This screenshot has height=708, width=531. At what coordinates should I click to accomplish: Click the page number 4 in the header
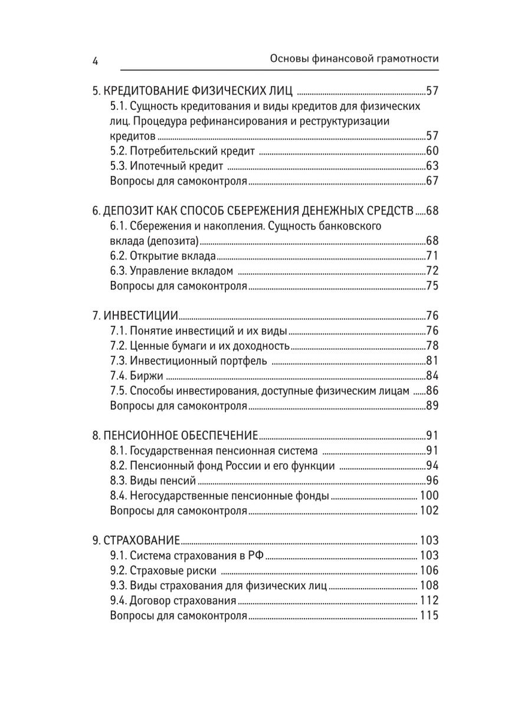[96, 60]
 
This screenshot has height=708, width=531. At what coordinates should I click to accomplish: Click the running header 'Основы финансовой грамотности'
[353, 60]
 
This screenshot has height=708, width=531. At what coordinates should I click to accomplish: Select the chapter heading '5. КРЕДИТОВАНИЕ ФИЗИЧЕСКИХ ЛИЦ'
[194, 91]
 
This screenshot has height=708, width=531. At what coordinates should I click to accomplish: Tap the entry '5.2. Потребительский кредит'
[183, 150]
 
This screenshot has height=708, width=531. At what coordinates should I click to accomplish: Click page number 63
[432, 166]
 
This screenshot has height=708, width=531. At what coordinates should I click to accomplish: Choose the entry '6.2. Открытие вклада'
[163, 256]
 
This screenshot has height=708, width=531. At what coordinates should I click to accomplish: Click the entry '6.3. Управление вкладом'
[172, 271]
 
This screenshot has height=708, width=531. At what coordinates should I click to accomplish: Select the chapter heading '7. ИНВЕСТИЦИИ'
[135, 315]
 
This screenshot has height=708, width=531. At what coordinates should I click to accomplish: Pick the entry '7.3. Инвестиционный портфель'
[189, 360]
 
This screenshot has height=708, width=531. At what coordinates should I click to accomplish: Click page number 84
[432, 376]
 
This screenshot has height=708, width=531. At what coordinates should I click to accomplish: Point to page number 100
[429, 496]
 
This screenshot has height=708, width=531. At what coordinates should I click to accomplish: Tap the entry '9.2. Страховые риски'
[163, 570]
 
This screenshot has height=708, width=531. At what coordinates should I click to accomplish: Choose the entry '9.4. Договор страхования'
[173, 601]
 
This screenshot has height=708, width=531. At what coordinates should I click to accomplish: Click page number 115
[429, 616]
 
